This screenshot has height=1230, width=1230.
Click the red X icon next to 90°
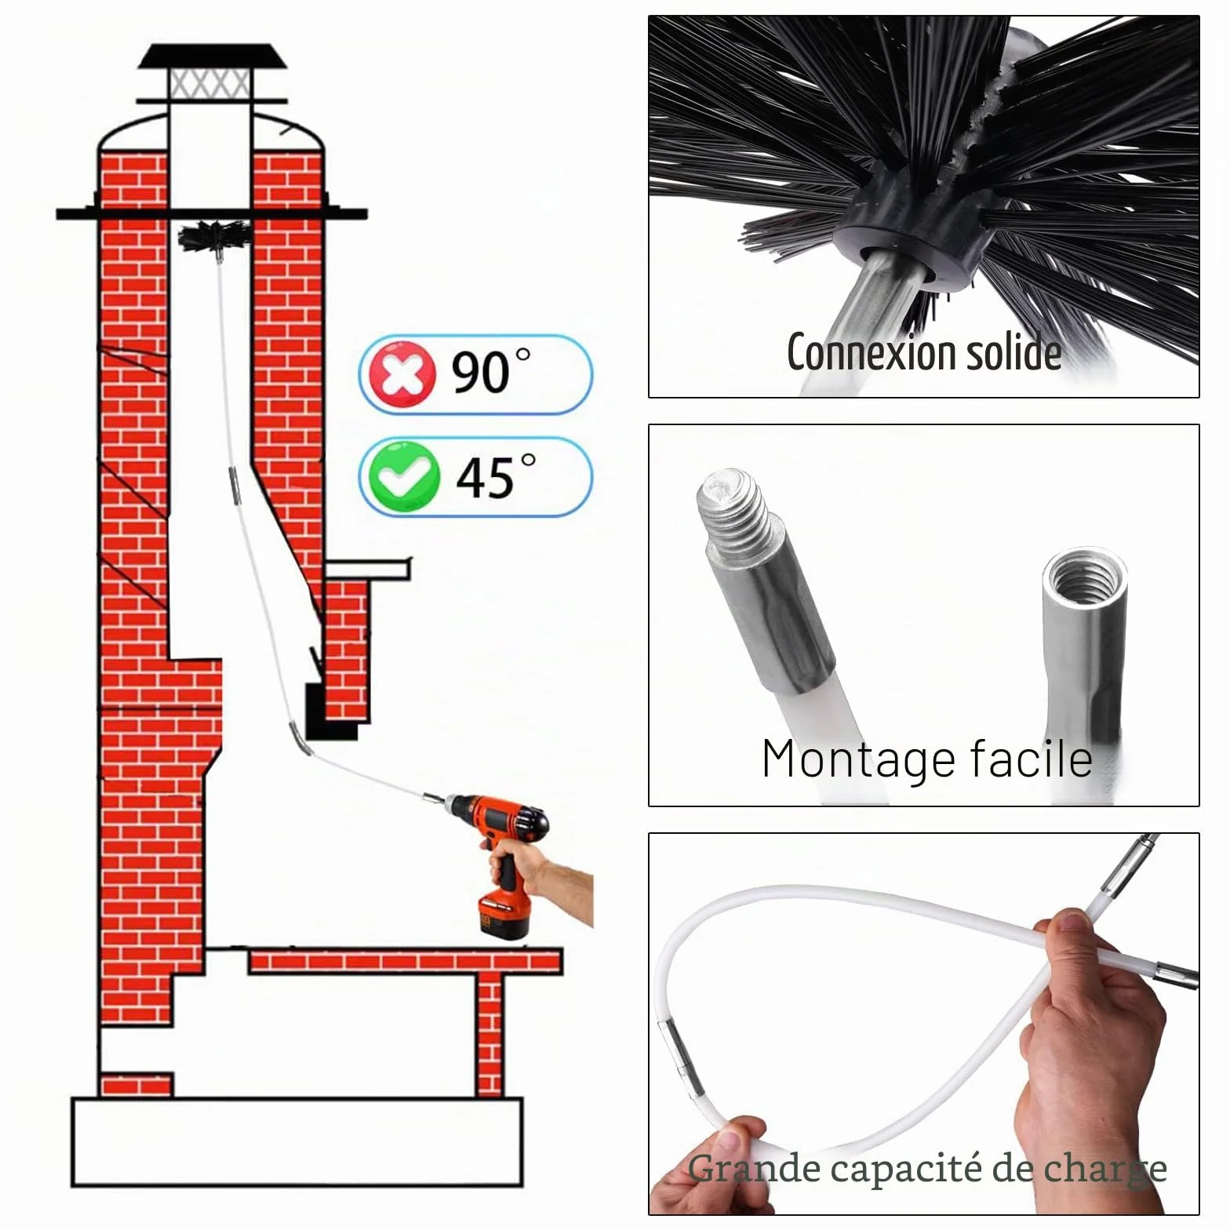[402, 374]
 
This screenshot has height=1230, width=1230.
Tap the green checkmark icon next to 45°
[404, 476]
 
